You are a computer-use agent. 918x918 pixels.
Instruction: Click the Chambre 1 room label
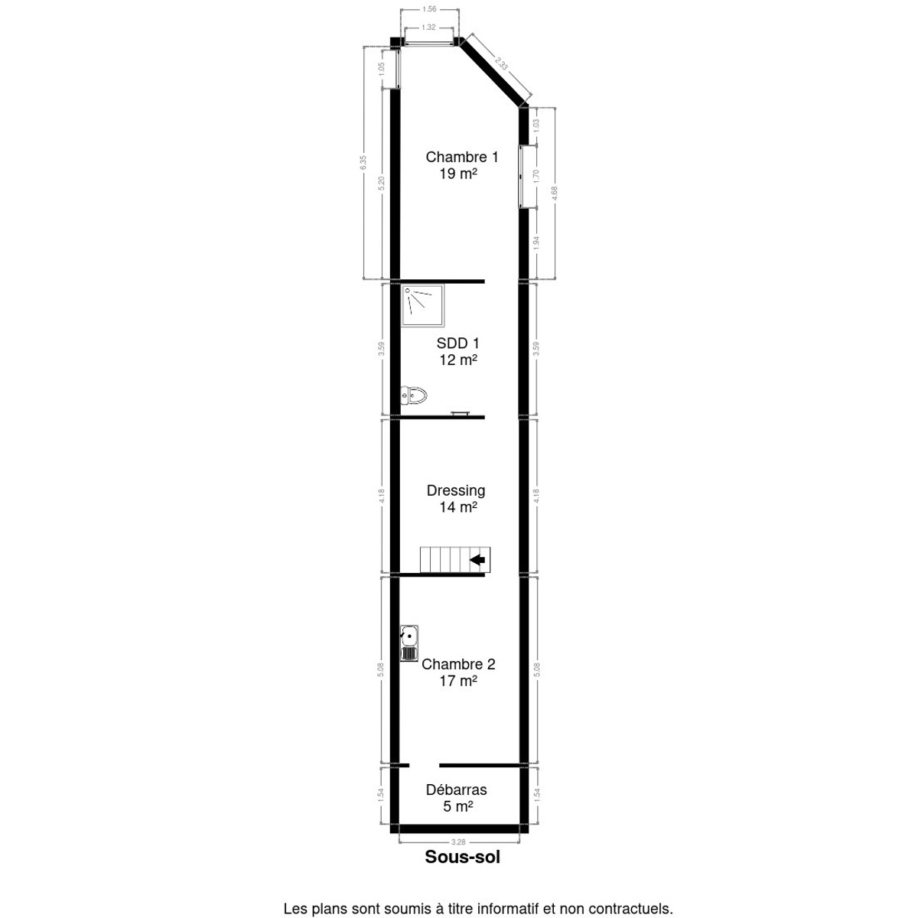[x=461, y=158]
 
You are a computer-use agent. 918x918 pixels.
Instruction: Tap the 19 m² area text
[x=457, y=174]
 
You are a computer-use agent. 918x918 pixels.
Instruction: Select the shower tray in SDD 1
[x=423, y=306]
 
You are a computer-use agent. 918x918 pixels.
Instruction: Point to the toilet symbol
[x=413, y=396]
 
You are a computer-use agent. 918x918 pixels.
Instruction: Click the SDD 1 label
[x=458, y=343]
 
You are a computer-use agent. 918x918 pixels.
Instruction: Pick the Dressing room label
[x=456, y=490]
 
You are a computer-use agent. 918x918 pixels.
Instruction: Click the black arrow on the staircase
[x=478, y=559]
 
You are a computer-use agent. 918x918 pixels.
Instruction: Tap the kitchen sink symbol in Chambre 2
[x=409, y=643]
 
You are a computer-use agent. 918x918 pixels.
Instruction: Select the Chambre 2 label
[x=458, y=664]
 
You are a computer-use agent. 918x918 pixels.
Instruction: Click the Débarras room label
[x=456, y=790]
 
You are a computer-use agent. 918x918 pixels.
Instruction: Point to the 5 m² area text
[x=457, y=806]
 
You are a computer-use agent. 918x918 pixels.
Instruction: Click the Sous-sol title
[x=462, y=858]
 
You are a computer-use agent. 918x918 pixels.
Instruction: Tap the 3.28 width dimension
[x=458, y=841]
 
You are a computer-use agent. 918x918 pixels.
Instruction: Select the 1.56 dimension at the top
[x=429, y=9]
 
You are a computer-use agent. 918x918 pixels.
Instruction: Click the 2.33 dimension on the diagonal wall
[x=501, y=64]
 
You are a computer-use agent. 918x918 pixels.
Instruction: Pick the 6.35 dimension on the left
[x=364, y=162]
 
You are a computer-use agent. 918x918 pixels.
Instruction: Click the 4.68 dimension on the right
[x=555, y=193]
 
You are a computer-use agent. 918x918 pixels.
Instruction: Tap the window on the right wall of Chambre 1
[x=522, y=175]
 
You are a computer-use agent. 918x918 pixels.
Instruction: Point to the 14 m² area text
[x=457, y=507]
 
